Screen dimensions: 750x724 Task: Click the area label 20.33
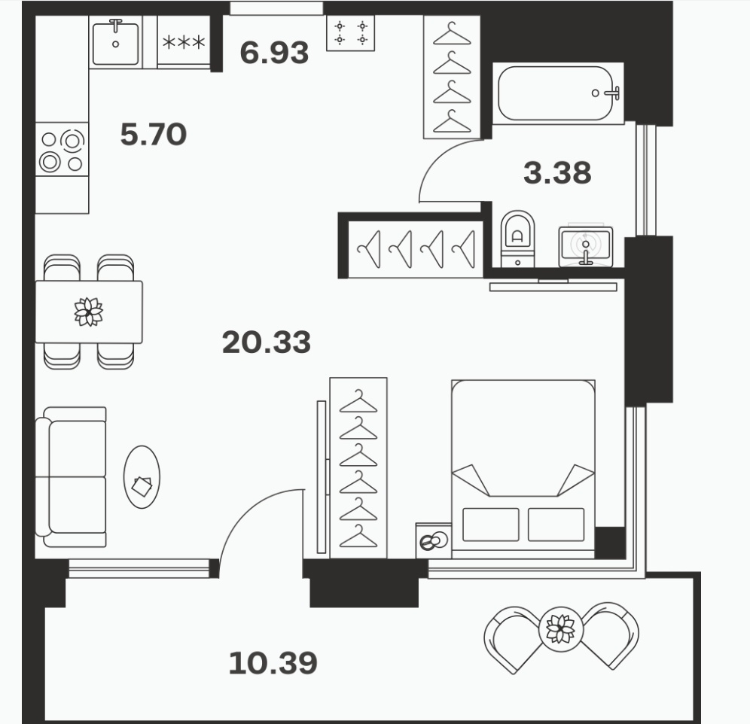pyautogui.click(x=267, y=342)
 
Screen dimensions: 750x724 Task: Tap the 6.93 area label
pyautogui.click(x=274, y=53)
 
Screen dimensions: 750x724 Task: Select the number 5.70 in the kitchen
pyautogui.click(x=153, y=135)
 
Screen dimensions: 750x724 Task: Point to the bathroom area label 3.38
pyautogui.click(x=557, y=172)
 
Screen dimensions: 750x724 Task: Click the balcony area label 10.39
pyautogui.click(x=273, y=663)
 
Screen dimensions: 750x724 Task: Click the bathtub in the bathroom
pyautogui.click(x=558, y=93)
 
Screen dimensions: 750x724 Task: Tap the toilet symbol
pyautogui.click(x=517, y=238)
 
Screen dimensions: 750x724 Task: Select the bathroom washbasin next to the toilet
pyautogui.click(x=586, y=246)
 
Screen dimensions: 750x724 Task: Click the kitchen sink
pyautogui.click(x=116, y=42)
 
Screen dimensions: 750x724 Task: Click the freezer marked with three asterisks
pyautogui.click(x=184, y=42)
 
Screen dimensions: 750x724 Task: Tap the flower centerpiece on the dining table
pyautogui.click(x=89, y=312)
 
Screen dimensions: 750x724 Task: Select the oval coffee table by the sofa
pyautogui.click(x=142, y=476)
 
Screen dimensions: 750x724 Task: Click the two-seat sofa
pyautogui.click(x=72, y=476)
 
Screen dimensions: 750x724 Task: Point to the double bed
pyautogui.click(x=523, y=469)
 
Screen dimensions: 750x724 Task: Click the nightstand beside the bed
pyautogui.click(x=434, y=540)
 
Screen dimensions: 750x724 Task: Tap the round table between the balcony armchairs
pyautogui.click(x=560, y=629)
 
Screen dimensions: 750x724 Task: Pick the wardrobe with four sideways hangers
pyautogui.click(x=415, y=248)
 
